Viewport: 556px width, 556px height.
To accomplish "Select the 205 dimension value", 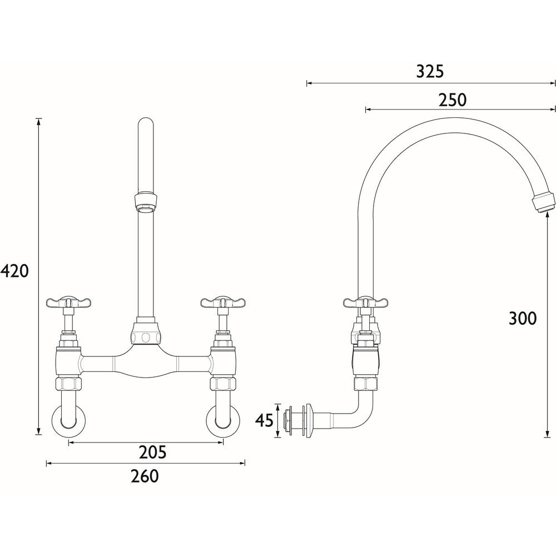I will point(152,453).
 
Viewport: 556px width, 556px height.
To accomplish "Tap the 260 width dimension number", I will point(145,476).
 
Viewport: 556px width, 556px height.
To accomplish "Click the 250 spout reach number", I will point(452,100).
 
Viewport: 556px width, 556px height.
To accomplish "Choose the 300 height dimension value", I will point(523,318).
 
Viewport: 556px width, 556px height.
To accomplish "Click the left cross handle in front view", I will point(68,303).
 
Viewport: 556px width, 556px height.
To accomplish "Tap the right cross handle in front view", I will point(223,303).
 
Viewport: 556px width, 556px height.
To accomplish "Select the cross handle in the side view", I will point(365,303).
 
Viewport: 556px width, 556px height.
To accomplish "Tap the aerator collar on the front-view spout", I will point(145,201).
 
